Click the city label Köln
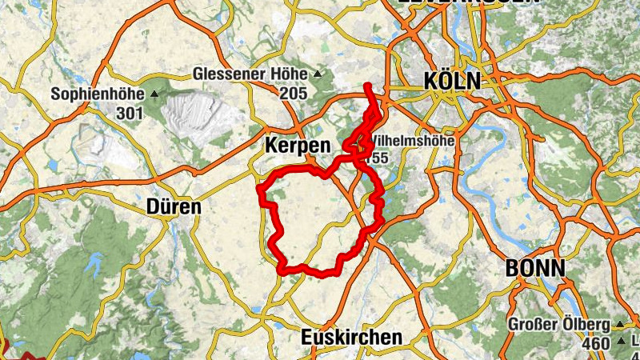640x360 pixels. click(x=451, y=81)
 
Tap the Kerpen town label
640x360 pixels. click(x=297, y=146)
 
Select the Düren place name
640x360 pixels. click(x=174, y=207)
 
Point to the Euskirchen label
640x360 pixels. click(x=351, y=338)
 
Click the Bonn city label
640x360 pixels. click(x=535, y=268)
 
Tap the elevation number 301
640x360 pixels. click(x=129, y=113)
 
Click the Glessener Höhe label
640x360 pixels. click(x=250, y=74)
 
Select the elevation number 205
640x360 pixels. click(x=294, y=93)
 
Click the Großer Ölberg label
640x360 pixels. click(x=559, y=326)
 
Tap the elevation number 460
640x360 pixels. click(x=597, y=344)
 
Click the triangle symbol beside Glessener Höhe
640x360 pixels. click(x=318, y=74)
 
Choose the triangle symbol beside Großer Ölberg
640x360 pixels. click(x=618, y=326)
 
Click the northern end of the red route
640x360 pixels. click(x=367, y=85)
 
